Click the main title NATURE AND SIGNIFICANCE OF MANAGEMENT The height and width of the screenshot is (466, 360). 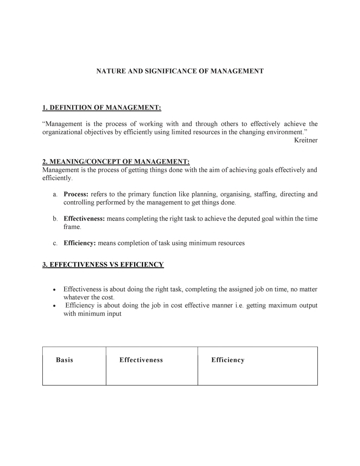coord(180,71)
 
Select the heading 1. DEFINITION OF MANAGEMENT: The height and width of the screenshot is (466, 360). coord(102,108)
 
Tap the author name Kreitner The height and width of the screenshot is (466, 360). coord(306,141)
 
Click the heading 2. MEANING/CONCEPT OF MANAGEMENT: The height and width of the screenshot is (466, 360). coord(116,162)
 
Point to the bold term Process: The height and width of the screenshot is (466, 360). coord(76,194)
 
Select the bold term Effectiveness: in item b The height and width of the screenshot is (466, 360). coord(84,219)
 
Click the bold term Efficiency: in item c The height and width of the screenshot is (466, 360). coord(80,243)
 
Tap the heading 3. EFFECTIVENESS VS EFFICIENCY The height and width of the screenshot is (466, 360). coord(103,265)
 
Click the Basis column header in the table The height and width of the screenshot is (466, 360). coord(65,360)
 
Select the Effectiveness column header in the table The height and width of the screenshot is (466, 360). coord(141,360)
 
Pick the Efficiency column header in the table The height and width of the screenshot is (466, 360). coord(228,360)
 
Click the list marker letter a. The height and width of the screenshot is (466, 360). coord(55,195)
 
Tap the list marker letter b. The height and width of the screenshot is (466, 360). coord(55,219)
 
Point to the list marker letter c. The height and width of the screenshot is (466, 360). coord(55,243)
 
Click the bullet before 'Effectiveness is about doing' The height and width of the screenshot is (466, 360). coord(54,290)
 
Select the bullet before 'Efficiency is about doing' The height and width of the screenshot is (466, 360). coord(54,306)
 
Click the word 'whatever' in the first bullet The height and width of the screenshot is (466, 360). coord(76,298)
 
